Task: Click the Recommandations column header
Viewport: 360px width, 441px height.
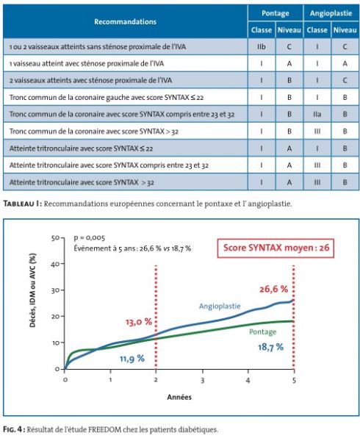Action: [125, 21]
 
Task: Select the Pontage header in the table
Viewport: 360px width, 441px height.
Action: [275, 13]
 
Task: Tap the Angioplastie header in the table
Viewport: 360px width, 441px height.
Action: [331, 13]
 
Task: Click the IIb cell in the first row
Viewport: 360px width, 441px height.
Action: [262, 47]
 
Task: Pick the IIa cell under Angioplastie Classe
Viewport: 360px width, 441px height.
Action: [317, 114]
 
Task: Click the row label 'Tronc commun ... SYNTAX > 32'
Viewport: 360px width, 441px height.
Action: [94, 132]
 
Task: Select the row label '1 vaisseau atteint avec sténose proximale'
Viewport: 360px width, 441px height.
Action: [87, 63]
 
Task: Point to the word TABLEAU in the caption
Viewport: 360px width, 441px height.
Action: [19, 204]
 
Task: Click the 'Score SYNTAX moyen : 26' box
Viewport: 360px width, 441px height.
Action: [276, 248]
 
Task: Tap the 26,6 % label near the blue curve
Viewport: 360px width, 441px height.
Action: [273, 289]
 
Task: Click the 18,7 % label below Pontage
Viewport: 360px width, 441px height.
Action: [270, 347]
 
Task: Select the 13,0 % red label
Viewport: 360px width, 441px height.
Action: [139, 322]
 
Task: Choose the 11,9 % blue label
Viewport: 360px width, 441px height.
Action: [132, 359]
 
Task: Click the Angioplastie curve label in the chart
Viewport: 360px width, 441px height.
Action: [220, 306]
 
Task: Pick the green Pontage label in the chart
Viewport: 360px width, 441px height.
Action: [263, 332]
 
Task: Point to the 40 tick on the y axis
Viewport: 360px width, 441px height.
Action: [55, 264]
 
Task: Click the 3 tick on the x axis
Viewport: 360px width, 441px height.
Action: [202, 380]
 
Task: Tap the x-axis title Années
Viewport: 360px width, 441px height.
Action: [179, 397]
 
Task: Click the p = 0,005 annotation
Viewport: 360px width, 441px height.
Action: [90, 238]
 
